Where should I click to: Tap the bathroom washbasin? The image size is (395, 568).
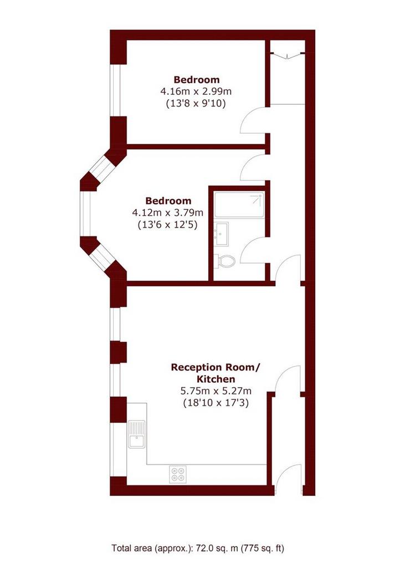[221, 234]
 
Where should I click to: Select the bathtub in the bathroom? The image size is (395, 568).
[239, 204]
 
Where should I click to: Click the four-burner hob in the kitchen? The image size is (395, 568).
[178, 474]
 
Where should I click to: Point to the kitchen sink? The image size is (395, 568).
[136, 434]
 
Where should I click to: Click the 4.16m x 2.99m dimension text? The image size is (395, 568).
[196, 91]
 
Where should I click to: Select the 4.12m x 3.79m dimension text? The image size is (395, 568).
[168, 212]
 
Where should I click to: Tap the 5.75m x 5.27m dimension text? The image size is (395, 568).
[216, 391]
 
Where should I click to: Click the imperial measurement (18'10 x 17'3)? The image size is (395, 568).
[216, 403]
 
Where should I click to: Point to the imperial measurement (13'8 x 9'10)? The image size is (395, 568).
[196, 103]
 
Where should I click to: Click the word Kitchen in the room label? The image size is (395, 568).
[216, 379]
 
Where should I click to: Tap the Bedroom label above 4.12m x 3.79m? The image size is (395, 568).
[168, 201]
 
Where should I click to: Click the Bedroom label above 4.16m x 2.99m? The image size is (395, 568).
[197, 79]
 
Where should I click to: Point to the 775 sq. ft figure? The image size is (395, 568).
[263, 549]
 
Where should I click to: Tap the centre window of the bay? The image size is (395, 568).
[86, 214]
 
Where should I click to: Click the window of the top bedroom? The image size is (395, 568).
[115, 90]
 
